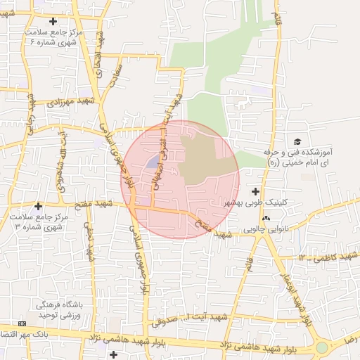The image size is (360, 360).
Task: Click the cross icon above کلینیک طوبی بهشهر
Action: point(255,191)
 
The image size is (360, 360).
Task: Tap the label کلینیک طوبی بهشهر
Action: point(256,202)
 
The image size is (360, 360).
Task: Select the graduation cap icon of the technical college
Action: point(297,142)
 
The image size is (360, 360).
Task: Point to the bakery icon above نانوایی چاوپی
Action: point(266,219)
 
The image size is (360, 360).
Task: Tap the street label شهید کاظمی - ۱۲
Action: point(323,259)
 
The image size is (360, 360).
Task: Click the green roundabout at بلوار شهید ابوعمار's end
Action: point(321,347)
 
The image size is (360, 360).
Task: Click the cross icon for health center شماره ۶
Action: point(53,22)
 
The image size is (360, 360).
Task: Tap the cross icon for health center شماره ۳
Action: point(38,205)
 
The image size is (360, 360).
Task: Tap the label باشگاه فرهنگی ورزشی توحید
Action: point(60,310)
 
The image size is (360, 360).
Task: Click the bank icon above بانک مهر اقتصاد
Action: point(22,323)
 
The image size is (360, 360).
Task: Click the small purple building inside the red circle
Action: point(153,163)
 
